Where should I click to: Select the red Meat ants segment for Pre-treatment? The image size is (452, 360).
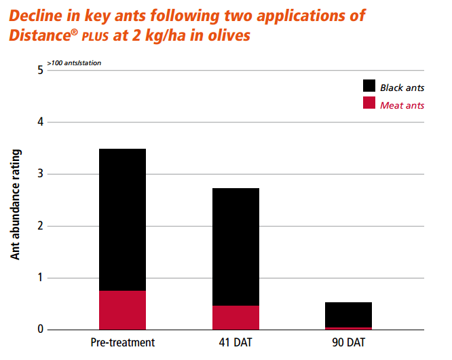[x=122, y=310]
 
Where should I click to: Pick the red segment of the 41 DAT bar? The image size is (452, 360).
[x=236, y=317]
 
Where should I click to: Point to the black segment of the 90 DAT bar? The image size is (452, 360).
[x=348, y=314]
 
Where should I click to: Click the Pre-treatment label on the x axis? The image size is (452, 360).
[x=122, y=342]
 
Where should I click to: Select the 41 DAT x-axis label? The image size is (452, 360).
[x=236, y=342]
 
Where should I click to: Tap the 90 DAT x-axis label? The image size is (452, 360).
[x=348, y=342]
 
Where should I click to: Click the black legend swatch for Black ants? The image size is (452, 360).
[x=369, y=86]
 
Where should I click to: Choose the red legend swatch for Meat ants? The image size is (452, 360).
[x=369, y=103]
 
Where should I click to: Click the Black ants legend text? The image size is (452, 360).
[x=402, y=88]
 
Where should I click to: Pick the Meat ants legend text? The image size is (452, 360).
[x=402, y=105]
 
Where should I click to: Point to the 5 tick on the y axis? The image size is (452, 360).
[x=40, y=70]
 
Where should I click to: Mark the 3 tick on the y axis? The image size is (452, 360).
[x=40, y=174]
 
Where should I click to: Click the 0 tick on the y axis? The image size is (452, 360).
[x=40, y=329]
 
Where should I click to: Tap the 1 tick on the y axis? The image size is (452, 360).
[x=40, y=278]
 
